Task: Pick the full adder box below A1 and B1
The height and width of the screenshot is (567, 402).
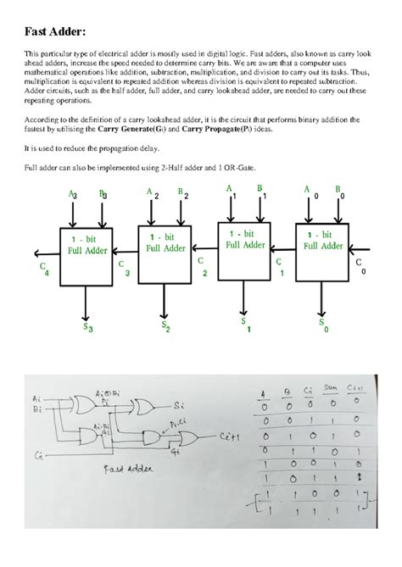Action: (243, 245)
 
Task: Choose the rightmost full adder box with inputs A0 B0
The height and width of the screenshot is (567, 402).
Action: (320, 247)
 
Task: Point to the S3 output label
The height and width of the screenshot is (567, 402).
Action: (87, 328)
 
